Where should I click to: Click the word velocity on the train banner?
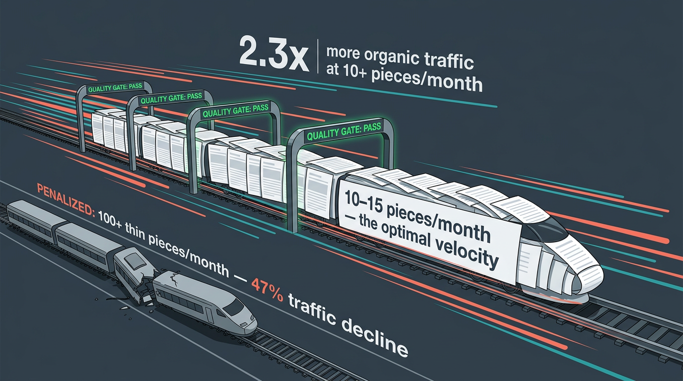tap(462, 250)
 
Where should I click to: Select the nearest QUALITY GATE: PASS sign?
tap(344, 131)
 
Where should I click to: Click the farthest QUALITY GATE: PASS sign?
tap(114, 88)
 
